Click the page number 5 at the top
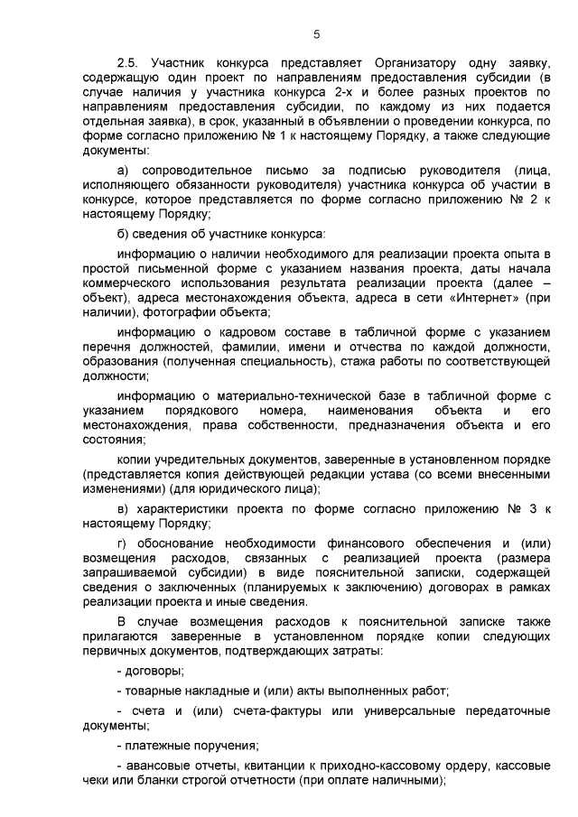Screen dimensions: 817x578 click(x=316, y=35)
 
